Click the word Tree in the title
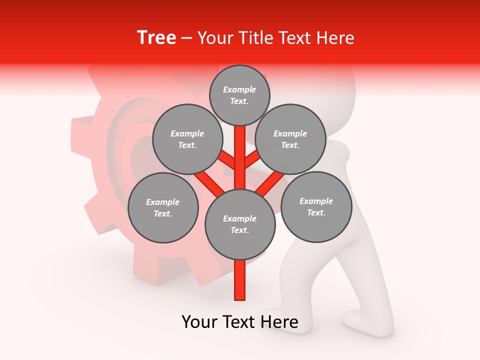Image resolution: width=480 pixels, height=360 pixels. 156,37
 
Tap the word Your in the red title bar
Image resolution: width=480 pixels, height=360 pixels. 215,37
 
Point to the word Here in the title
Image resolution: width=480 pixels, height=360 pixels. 335,37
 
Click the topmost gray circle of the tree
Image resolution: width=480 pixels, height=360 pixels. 239,95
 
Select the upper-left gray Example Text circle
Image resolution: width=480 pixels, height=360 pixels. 187,139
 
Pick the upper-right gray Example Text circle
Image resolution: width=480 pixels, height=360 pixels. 290,139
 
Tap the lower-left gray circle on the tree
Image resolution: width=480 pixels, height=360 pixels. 163,208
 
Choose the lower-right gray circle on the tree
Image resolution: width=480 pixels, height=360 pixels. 316,207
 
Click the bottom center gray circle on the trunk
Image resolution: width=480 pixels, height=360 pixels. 240,224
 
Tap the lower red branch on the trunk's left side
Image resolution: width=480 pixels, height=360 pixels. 210,184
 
